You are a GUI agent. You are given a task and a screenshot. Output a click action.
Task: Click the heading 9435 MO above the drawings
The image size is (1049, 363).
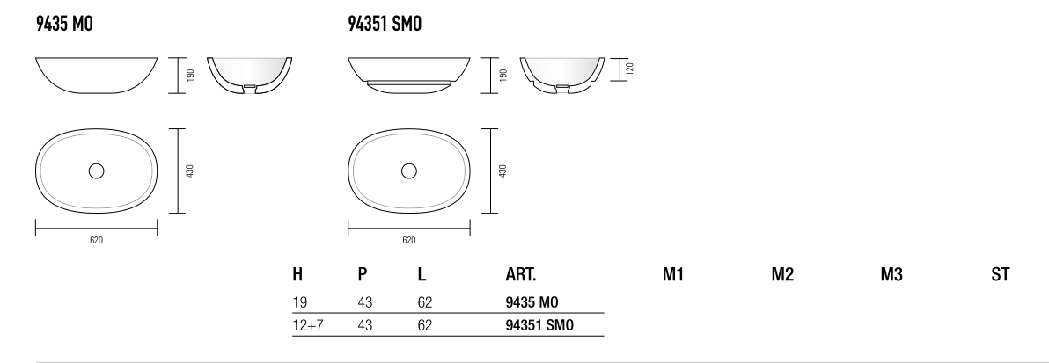coord(64,24)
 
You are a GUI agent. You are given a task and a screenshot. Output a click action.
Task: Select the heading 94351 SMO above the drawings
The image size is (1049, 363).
coord(385,24)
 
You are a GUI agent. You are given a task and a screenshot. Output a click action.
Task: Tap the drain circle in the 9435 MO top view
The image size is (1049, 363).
coord(96,171)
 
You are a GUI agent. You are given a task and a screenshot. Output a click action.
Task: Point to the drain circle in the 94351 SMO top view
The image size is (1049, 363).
coord(408,171)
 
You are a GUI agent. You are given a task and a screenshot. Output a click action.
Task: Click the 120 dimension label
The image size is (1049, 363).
coord(629,69)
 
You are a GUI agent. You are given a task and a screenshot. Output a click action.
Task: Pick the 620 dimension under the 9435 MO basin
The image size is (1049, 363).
coord(96,241)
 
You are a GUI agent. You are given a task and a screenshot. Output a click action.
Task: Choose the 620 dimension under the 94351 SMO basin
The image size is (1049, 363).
coord(408,241)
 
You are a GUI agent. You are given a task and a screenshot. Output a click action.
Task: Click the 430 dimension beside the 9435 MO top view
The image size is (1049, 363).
coord(190,171)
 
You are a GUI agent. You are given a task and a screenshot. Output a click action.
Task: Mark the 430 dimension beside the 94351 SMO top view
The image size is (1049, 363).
coord(502,171)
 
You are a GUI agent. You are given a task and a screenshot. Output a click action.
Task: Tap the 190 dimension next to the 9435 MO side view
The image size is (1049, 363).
coord(191,75)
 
